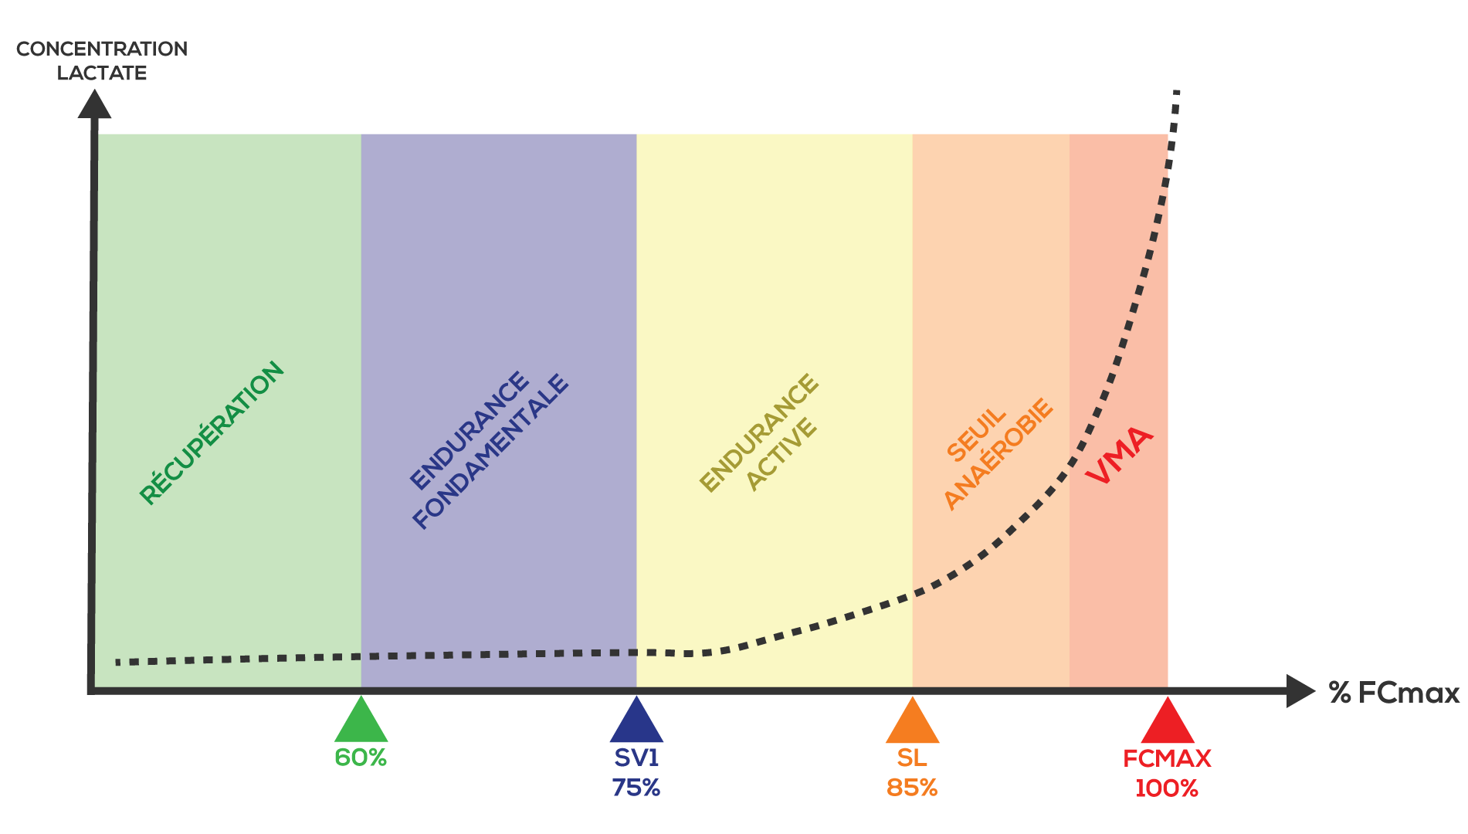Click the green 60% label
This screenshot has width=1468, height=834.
(361, 758)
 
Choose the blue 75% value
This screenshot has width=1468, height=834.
(636, 788)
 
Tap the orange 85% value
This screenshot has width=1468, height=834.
(912, 788)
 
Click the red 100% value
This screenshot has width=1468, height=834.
(1166, 788)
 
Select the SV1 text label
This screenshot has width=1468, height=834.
(636, 758)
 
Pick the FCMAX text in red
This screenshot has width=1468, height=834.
(1166, 759)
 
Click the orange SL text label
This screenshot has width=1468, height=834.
(912, 758)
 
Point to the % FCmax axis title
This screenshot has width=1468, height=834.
(1394, 693)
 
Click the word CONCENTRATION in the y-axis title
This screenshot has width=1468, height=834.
(102, 49)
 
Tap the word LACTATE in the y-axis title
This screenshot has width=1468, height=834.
(102, 73)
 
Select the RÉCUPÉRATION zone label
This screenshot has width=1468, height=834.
(212, 433)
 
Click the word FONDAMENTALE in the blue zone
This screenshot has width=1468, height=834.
(491, 453)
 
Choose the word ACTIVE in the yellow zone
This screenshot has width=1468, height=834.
(781, 454)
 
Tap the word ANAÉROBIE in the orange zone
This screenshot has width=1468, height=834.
(998, 455)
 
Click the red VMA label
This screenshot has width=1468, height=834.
(1120, 456)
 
